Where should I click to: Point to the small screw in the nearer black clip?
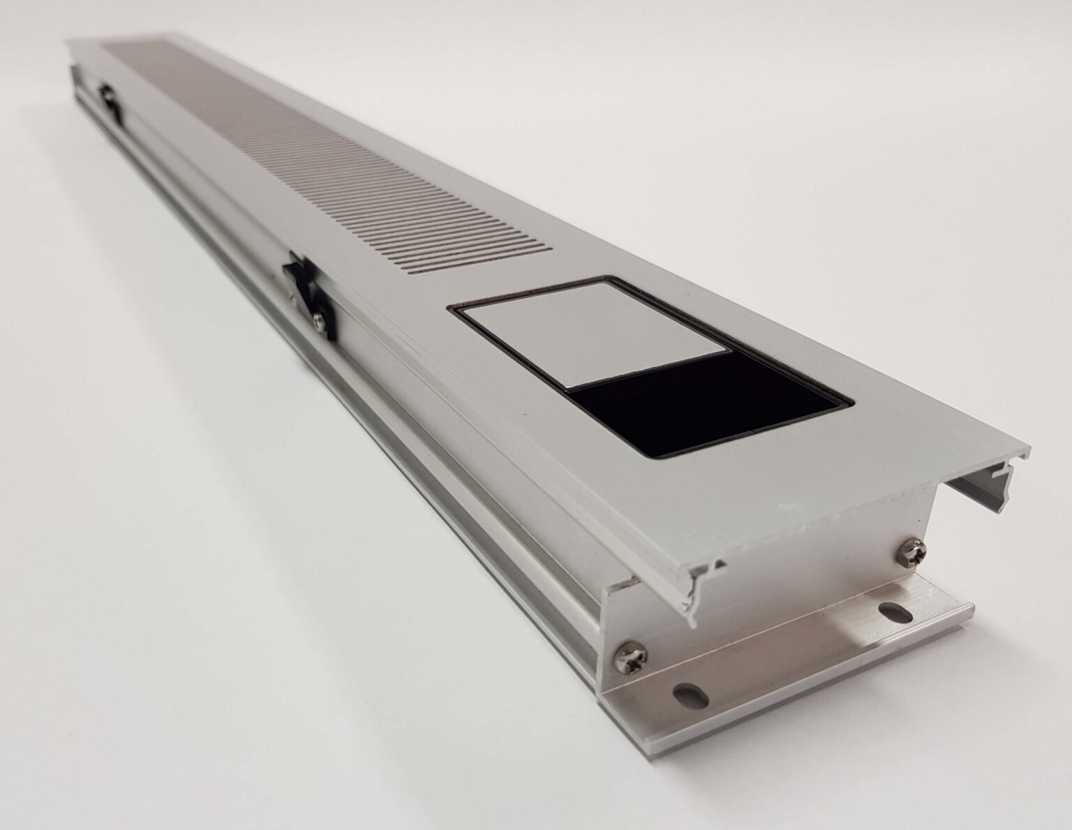click(x=318, y=320)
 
